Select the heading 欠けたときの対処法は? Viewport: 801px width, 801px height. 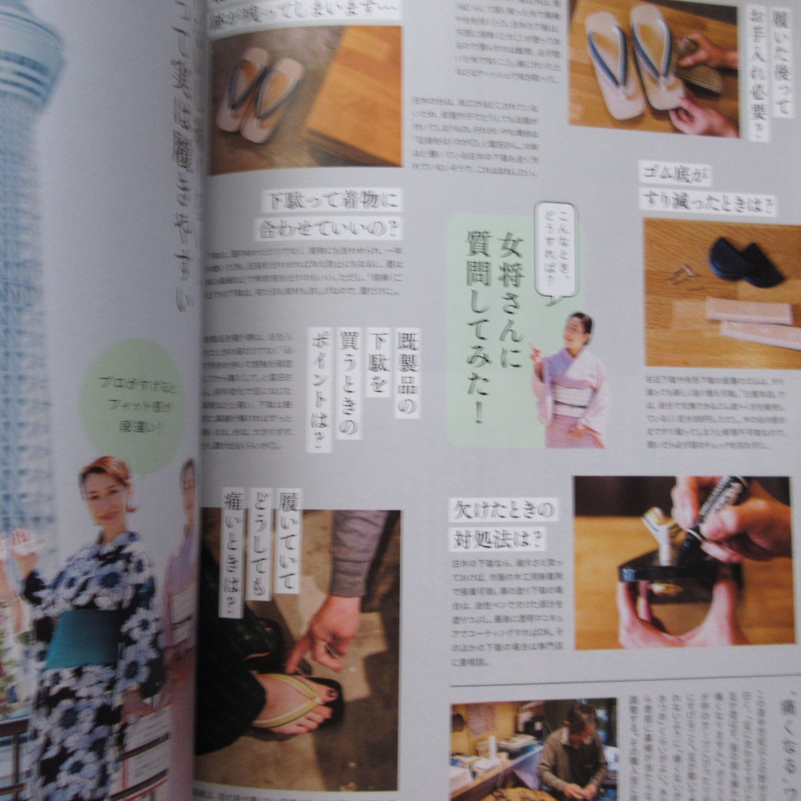pos(502,524)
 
